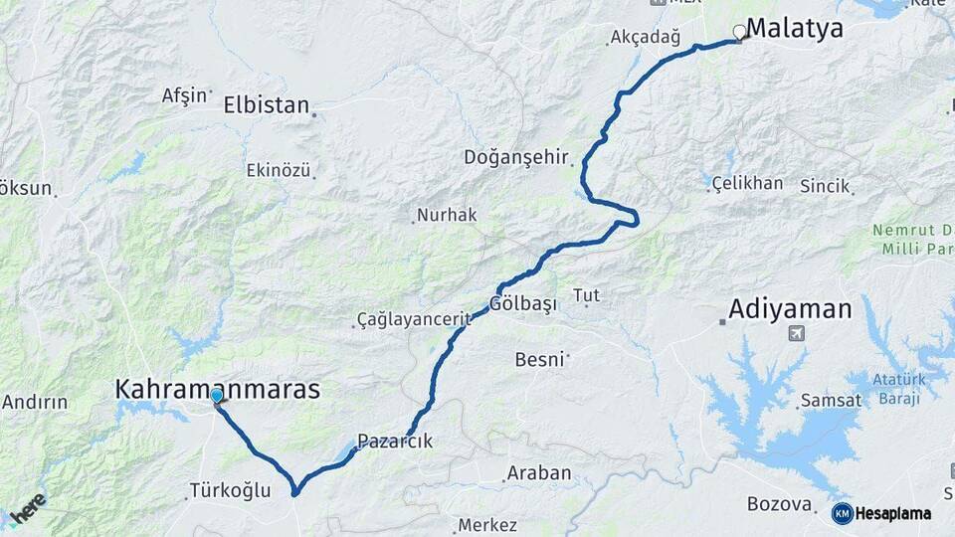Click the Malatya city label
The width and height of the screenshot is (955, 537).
794,29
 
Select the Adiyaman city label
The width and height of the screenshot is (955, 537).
790,309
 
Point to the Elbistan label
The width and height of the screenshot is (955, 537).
267,104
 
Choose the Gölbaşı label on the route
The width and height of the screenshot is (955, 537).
521,304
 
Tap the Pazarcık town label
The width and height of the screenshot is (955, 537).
395,442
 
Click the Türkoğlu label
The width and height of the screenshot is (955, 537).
229,490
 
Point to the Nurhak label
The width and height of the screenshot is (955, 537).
447,214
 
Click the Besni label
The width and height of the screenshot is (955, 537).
539,359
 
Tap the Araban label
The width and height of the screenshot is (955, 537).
539,473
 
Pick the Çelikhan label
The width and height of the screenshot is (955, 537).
747,184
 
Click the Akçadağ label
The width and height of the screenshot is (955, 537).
647,39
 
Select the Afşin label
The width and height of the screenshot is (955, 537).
185,95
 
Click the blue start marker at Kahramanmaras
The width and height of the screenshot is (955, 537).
216,395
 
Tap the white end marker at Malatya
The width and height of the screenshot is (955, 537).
739,32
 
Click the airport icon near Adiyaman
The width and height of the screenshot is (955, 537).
796,333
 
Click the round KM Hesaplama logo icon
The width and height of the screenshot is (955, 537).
842,513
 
